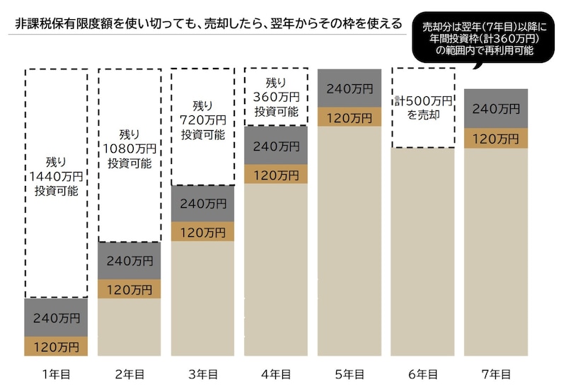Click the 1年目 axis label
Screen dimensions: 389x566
click(x=56, y=373)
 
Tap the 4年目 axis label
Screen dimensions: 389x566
click(x=276, y=373)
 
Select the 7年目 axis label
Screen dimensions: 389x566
click(x=495, y=373)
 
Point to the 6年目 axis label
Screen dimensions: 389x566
click(x=422, y=373)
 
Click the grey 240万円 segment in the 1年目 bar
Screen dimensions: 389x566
click(x=56, y=318)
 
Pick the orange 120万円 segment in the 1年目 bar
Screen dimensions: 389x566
click(x=56, y=347)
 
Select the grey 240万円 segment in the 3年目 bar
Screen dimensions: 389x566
click(x=202, y=204)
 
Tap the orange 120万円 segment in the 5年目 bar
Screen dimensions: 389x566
click(x=349, y=117)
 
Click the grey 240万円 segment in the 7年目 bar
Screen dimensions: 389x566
click(x=495, y=109)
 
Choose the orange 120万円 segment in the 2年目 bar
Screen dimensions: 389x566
click(x=129, y=289)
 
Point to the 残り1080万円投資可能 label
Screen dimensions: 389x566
click(x=129, y=148)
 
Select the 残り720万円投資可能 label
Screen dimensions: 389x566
click(x=202, y=120)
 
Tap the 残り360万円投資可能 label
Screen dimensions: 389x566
click(x=276, y=97)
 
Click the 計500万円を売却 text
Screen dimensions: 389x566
click(x=422, y=107)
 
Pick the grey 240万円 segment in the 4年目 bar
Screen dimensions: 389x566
click(x=276, y=146)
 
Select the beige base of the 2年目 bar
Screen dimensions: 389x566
click(x=129, y=327)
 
